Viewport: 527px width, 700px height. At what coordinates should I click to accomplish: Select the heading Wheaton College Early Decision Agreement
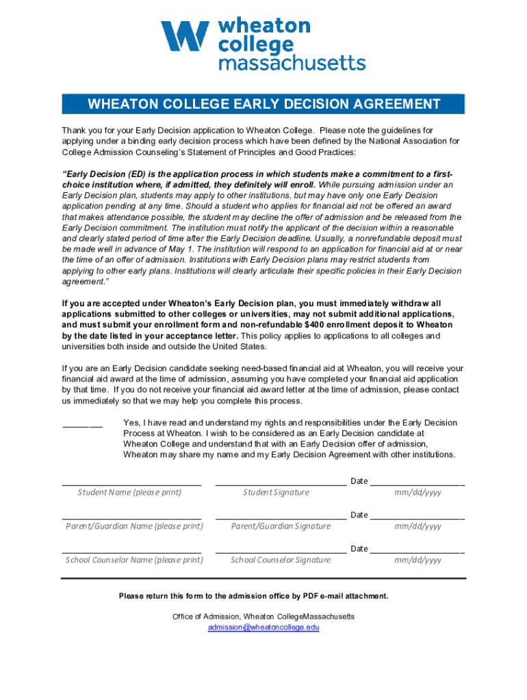point(263,104)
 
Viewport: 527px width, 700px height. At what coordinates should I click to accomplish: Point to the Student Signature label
point(276,492)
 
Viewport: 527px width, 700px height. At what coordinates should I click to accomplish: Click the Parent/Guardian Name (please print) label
point(134,526)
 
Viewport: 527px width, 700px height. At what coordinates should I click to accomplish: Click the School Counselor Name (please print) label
point(134,560)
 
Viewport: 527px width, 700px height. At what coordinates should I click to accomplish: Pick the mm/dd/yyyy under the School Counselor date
point(417,560)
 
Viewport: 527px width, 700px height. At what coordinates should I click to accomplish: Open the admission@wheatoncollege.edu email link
point(263,628)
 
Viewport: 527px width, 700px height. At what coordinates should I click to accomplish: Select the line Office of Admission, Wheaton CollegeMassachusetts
point(263,617)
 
